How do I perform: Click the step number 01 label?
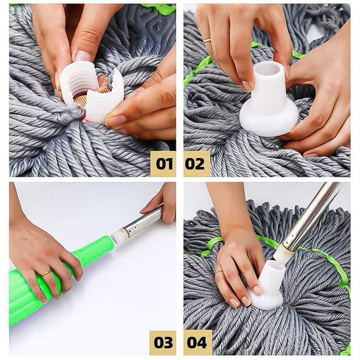pyautogui.click(x=163, y=163)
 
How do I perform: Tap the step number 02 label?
pyautogui.click(x=196, y=163)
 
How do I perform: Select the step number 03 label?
pyautogui.click(x=163, y=342)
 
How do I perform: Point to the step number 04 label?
pyautogui.click(x=196, y=342)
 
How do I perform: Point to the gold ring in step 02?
pyautogui.click(x=206, y=39)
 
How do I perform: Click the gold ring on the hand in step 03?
pyautogui.click(x=45, y=273)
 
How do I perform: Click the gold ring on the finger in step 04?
pyautogui.click(x=219, y=271)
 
